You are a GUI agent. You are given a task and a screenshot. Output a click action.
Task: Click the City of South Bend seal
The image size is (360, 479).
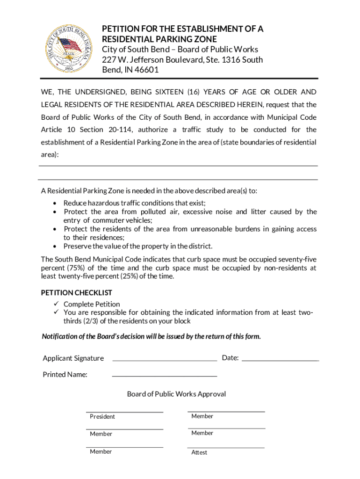(69, 49)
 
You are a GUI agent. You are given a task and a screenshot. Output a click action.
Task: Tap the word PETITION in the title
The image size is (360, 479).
(122, 29)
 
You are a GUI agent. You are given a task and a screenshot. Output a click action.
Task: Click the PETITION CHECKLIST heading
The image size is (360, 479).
(77, 293)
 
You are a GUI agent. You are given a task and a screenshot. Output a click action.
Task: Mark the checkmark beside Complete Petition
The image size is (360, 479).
(55, 304)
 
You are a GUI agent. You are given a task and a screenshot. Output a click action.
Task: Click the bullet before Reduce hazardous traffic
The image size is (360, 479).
(56, 203)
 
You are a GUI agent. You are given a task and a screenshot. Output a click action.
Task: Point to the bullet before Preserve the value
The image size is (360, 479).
(56, 246)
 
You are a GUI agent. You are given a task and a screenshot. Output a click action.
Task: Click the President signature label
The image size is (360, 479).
(102, 417)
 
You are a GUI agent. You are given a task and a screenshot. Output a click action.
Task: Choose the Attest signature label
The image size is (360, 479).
(199, 452)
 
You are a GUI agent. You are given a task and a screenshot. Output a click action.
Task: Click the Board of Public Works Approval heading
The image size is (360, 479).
(176, 394)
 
